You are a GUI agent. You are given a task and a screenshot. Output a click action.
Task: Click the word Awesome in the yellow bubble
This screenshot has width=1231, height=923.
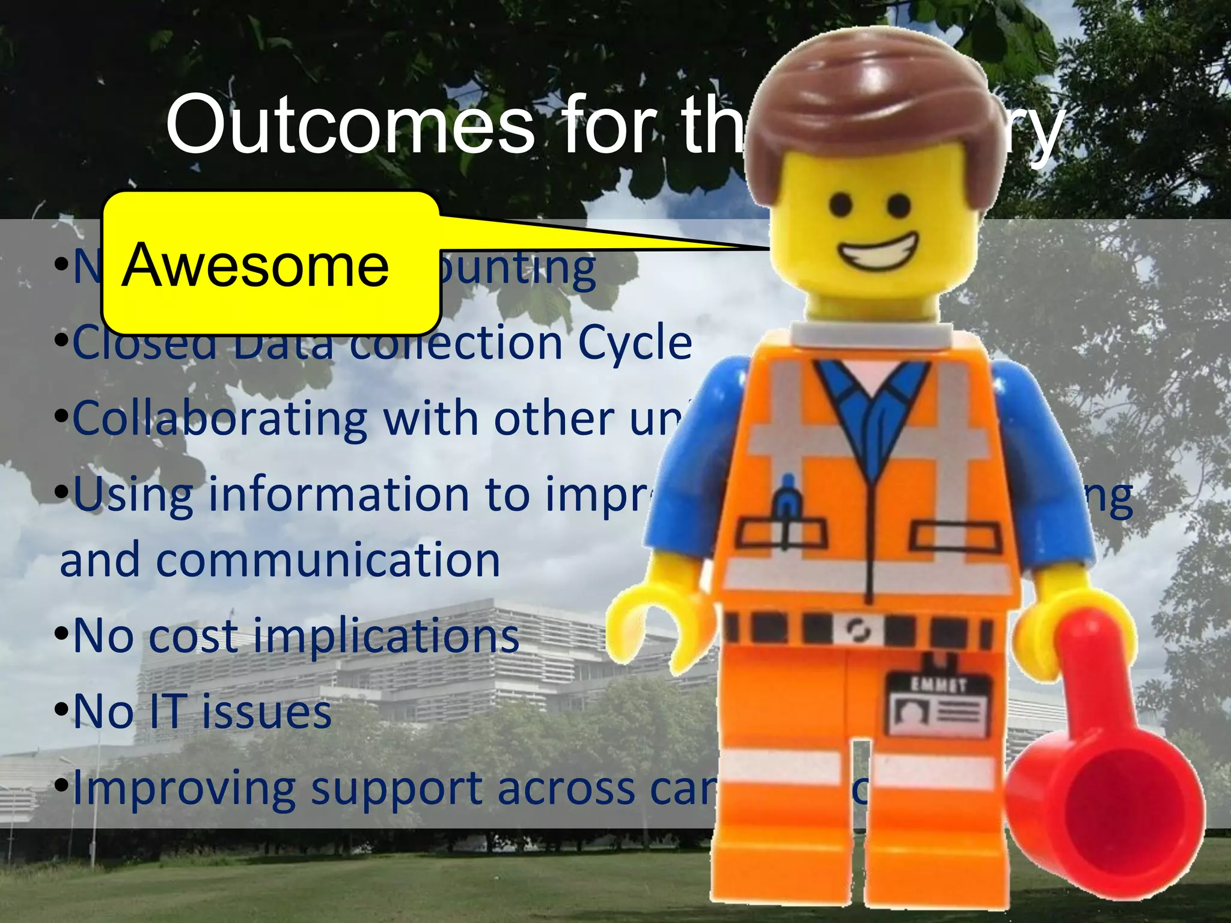[x=255, y=266]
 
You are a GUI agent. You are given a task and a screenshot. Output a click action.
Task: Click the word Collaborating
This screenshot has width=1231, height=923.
[x=220, y=418]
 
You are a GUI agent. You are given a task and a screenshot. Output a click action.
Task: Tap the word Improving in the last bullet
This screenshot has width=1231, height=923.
[x=184, y=788]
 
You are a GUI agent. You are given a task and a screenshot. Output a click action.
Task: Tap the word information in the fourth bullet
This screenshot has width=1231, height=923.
[x=340, y=494]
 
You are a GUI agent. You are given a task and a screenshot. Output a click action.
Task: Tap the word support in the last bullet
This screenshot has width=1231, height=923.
[x=397, y=788]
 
